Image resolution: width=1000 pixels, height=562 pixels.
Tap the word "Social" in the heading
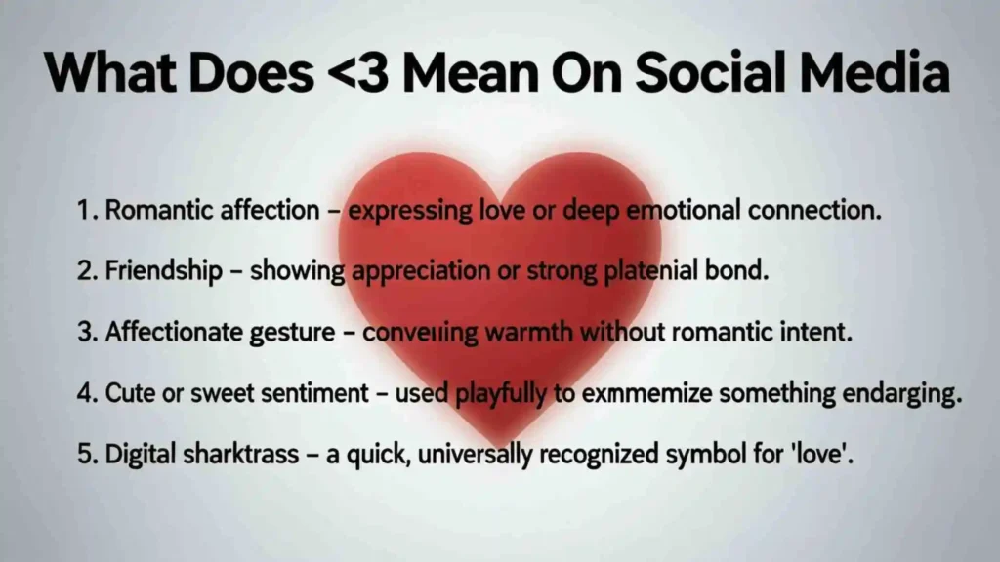pyautogui.click(x=692, y=73)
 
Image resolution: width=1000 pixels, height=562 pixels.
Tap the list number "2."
pyautogui.click(x=87, y=271)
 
